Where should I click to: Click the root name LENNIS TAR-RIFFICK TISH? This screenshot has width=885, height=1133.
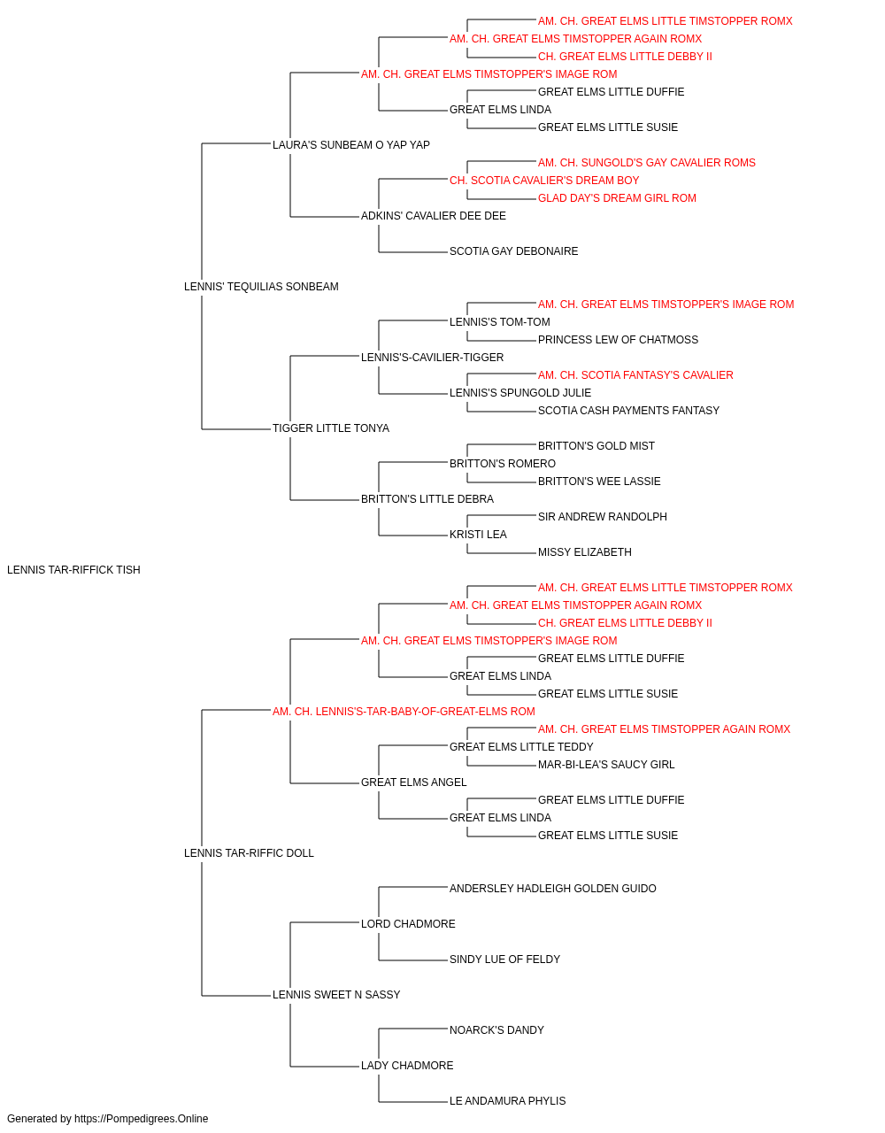pyautogui.click(x=73, y=570)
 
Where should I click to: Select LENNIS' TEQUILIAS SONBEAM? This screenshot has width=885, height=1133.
pyautogui.click(x=261, y=287)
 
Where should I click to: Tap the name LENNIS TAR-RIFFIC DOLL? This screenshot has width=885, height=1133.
pyautogui.click(x=249, y=853)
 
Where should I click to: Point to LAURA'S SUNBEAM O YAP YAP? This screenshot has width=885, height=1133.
pyautogui.click(x=350, y=145)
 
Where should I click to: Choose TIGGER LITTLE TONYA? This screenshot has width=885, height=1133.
pyautogui.click(x=330, y=428)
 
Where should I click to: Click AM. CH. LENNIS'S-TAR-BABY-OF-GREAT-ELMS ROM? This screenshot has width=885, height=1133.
pyautogui.click(x=404, y=711)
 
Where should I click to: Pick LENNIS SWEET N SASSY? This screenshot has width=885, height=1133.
pyautogui.click(x=336, y=994)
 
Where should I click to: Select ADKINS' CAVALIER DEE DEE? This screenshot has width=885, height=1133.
pyautogui.click(x=433, y=216)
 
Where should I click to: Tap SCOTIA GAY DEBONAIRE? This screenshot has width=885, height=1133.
pyautogui.click(x=513, y=251)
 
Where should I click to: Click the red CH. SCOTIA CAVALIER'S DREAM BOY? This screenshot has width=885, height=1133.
pyautogui.click(x=544, y=181)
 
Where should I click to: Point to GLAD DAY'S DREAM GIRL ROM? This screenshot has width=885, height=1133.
pyautogui.click(x=617, y=198)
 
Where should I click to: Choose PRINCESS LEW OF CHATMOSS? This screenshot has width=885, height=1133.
pyautogui.click(x=618, y=339)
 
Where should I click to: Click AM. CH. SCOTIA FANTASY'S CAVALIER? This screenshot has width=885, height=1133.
pyautogui.click(x=635, y=375)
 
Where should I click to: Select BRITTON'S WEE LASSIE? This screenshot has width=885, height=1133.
pyautogui.click(x=599, y=482)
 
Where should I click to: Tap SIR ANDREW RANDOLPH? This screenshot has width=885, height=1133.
pyautogui.click(x=602, y=517)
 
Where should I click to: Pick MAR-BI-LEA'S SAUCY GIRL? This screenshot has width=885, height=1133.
pyautogui.click(x=606, y=765)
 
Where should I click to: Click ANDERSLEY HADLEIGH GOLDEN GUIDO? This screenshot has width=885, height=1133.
pyautogui.click(x=552, y=889)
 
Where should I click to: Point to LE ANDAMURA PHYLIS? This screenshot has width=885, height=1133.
pyautogui.click(x=507, y=1100)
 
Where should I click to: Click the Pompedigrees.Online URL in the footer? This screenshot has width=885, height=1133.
pyautogui.click(x=141, y=1119)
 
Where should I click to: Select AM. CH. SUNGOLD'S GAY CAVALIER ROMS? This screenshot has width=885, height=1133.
pyautogui.click(x=646, y=163)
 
